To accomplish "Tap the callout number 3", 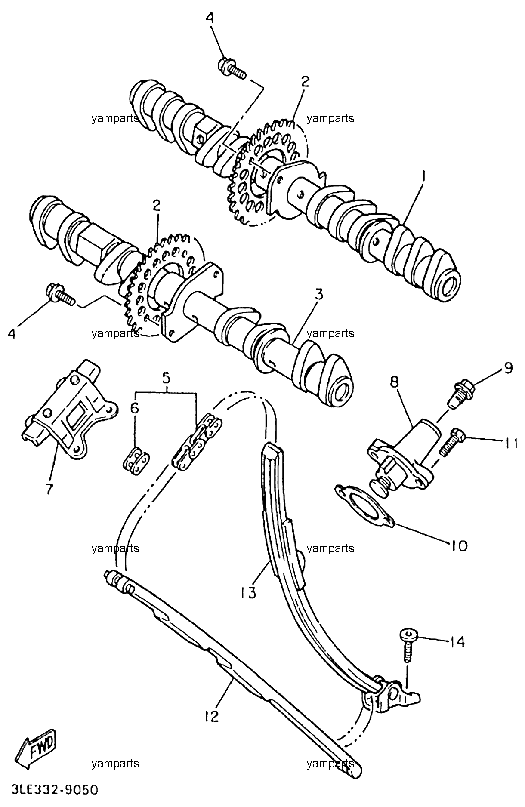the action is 319,295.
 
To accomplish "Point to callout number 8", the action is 395,381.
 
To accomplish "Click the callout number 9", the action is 508,368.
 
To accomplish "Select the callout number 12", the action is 211,716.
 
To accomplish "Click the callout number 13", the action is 248,592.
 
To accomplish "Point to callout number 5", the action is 166,378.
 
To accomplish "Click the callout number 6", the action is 135,408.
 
